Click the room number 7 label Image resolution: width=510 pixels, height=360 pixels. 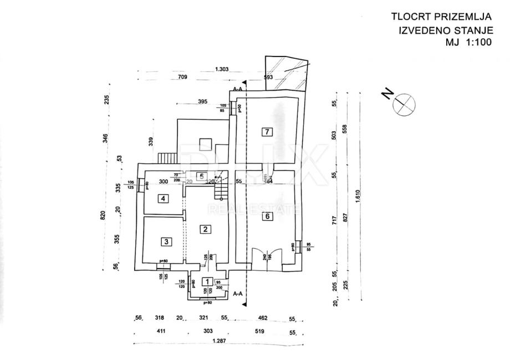pos(267,132)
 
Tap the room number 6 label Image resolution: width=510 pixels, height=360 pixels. pos(267,217)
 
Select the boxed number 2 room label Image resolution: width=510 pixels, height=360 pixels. pos(205,229)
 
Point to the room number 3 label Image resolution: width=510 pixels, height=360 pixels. pos(165,241)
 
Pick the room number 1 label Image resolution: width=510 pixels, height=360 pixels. pos(206,282)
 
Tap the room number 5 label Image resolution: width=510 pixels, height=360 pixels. pos(202,177)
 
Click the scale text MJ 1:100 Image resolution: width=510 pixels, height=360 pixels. pos(469,42)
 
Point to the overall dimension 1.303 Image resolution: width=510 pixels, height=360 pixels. pos(222,70)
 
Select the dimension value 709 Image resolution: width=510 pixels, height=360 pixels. pos(183,78)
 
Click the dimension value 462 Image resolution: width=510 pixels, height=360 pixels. pos(263,318)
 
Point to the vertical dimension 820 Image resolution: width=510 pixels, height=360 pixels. pos(103,215)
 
